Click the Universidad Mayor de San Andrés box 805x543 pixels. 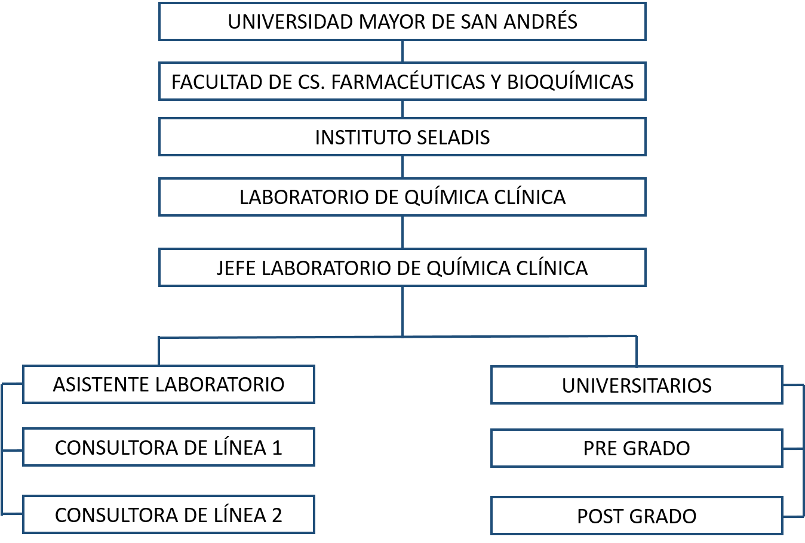point(402,21)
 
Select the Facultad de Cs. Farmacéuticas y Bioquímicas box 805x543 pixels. point(402,81)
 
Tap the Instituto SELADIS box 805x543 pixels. point(402,137)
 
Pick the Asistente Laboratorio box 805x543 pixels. point(168,384)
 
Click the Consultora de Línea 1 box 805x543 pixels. point(168,447)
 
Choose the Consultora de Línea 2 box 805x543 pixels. point(168,514)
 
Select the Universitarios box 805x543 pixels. point(637,385)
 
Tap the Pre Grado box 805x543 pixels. point(637,448)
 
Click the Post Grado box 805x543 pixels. point(637,516)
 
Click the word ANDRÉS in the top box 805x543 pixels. point(540,21)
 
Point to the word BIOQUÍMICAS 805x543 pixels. point(570,81)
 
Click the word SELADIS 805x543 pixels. point(453,137)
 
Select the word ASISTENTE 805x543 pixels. point(102,385)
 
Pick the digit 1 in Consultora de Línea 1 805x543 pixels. point(277,448)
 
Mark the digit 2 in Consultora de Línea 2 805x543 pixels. point(276,515)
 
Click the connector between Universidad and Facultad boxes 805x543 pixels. point(402,51)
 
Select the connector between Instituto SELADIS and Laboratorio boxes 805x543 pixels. point(402,167)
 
